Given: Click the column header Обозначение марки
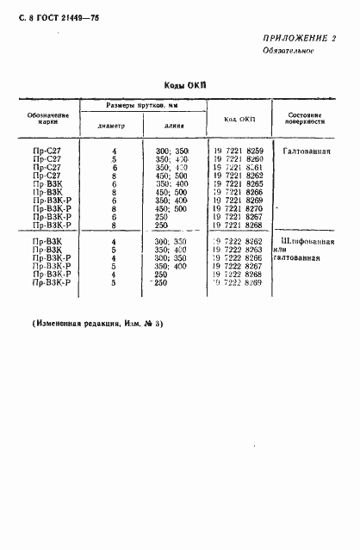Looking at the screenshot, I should coord(48,119).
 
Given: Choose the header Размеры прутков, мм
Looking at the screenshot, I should coord(141,105).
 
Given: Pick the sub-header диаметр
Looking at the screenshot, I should coord(114,124).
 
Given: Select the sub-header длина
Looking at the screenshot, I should coord(175,124).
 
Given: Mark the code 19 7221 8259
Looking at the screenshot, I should coord(238,151).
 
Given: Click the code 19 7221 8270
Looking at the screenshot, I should coord(238,208).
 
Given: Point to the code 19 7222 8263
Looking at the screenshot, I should coord(238,249).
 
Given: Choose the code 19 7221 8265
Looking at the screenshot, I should coord(238,183).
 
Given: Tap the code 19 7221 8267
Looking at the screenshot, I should coord(238,216).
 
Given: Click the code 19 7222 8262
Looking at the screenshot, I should coord(238,241).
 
